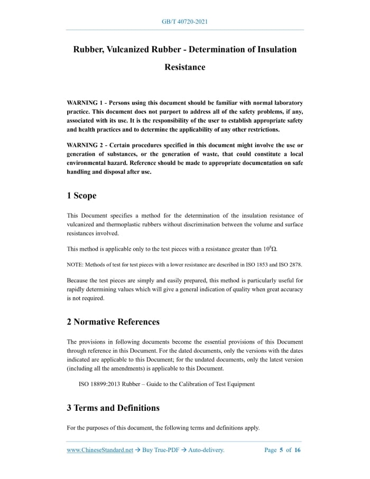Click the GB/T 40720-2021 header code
coord(184,22)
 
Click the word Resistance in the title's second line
coord(184,67)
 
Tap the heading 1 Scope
coord(81,196)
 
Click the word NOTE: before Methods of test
coord(76,264)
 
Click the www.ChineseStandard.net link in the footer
coord(99,450)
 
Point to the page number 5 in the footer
coord(281,450)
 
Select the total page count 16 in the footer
coord(297,450)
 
